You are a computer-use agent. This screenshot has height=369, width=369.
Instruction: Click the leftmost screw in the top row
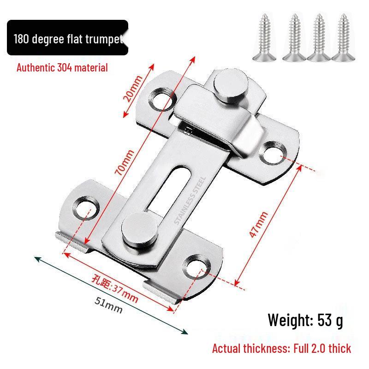(265, 37)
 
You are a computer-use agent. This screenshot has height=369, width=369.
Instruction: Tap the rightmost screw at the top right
(343, 37)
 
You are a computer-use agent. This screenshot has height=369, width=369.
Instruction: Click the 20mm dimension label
(132, 89)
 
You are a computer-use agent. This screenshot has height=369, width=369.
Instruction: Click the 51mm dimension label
(108, 304)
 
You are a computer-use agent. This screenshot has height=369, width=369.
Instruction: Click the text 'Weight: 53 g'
(305, 319)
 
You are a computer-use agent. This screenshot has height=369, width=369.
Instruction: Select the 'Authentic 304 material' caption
(62, 68)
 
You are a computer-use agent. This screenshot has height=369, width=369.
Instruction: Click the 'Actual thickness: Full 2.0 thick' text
(281, 348)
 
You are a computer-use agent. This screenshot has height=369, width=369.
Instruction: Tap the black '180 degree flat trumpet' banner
(67, 38)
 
